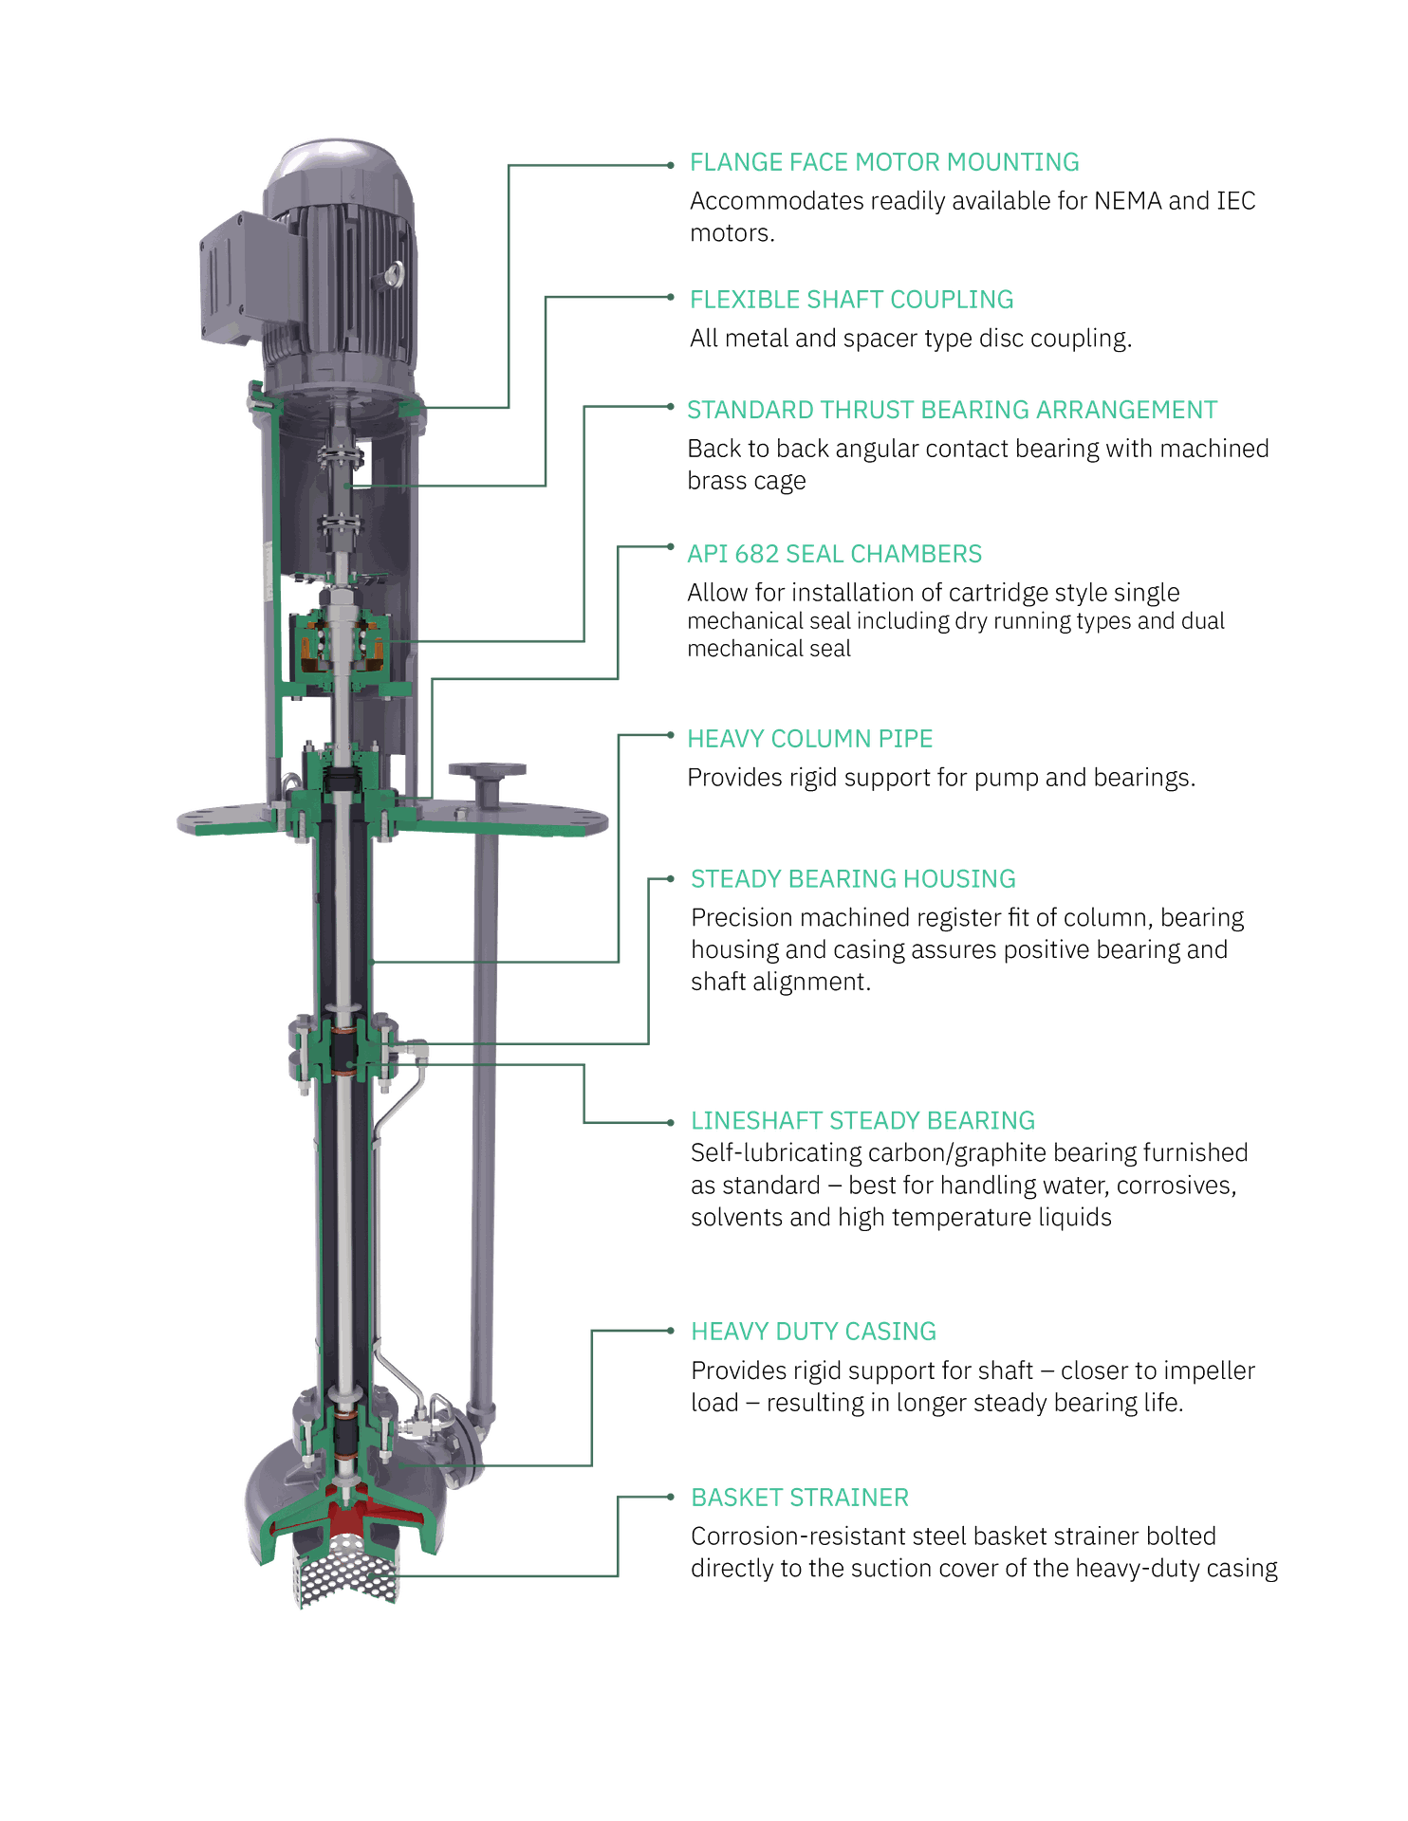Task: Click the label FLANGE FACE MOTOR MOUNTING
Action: [883, 163]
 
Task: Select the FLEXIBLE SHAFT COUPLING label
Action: [851, 300]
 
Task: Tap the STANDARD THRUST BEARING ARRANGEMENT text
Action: [952, 410]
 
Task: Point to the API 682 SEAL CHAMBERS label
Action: [834, 554]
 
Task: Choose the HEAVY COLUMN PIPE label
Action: [809, 739]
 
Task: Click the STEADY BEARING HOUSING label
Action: [852, 879]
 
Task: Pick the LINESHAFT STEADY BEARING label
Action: [861, 1121]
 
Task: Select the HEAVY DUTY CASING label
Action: [813, 1332]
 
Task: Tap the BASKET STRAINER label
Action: [799, 1498]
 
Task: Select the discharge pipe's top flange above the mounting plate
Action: [488, 768]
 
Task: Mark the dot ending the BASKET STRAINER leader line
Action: [672, 1497]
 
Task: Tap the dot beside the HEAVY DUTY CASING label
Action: [672, 1332]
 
